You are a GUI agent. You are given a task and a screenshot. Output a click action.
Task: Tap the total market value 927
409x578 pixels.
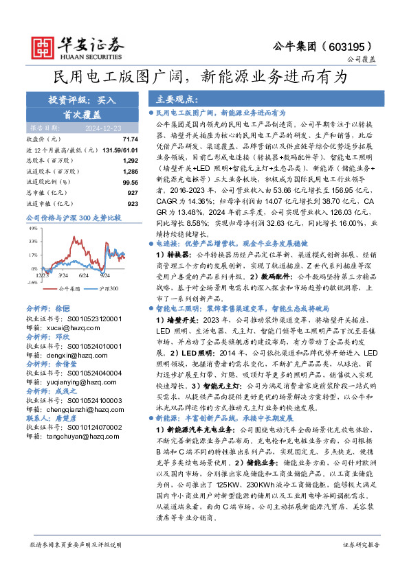pos(133,194)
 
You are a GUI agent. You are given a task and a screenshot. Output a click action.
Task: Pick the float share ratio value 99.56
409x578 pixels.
pos(131,183)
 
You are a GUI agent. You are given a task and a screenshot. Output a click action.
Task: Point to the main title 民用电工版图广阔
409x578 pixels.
pos(124,76)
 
